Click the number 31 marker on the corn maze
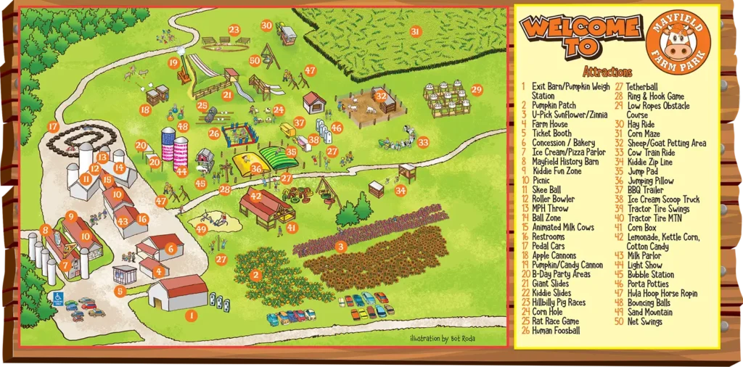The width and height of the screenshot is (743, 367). (x=415, y=31)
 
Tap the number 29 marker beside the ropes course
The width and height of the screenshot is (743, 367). (x=476, y=89)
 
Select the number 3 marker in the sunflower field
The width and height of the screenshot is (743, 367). (x=340, y=247)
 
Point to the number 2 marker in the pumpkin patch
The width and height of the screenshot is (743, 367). (x=255, y=275)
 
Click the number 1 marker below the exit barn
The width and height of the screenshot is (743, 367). (x=191, y=315)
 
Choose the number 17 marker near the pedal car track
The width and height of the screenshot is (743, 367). (x=53, y=126)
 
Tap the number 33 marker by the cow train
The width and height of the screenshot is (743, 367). (x=423, y=142)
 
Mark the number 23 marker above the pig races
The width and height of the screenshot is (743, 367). (x=234, y=30)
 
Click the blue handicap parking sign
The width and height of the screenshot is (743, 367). (x=58, y=298)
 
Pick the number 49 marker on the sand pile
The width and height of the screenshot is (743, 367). (x=202, y=229)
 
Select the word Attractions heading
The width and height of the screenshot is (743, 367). (x=607, y=73)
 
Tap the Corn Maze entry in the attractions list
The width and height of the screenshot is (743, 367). (x=644, y=133)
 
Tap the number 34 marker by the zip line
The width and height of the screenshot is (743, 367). (x=401, y=191)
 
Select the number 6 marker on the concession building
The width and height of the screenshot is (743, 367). (x=171, y=248)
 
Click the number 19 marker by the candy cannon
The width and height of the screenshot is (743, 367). (x=173, y=62)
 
